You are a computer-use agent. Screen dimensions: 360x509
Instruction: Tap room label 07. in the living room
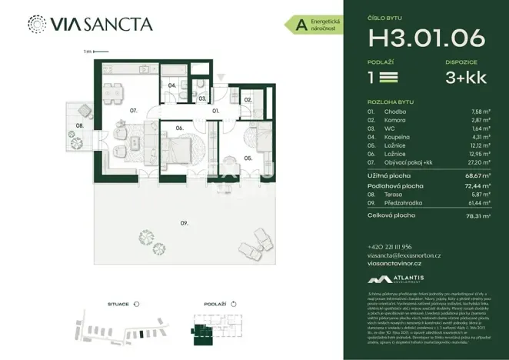(133, 111)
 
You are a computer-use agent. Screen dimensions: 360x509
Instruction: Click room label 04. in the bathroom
(172, 85)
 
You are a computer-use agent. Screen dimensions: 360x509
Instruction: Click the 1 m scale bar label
(88, 52)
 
